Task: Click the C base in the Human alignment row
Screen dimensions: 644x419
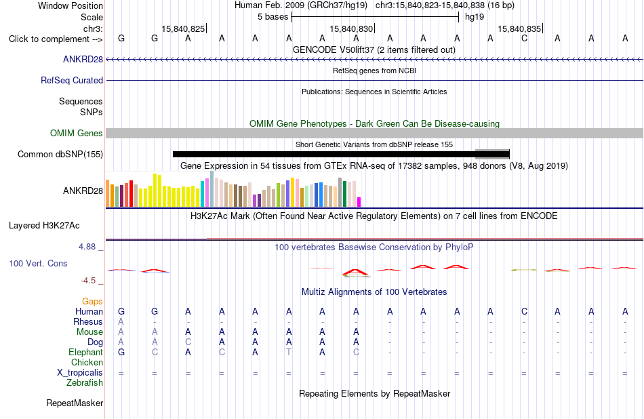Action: coord(524,311)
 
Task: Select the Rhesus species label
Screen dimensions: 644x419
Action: coord(88,321)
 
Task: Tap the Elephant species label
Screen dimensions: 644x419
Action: coord(86,352)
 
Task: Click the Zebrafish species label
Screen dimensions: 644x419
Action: coord(85,382)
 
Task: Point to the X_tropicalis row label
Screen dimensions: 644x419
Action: coord(80,373)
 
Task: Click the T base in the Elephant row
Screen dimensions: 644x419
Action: coord(289,352)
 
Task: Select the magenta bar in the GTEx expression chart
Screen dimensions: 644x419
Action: coord(359,201)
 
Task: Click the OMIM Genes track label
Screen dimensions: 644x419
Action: coord(77,133)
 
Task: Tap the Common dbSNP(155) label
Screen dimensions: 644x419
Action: coord(60,154)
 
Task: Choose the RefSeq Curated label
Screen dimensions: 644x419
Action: coord(72,80)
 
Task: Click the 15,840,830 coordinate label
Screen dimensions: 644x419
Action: coord(351,28)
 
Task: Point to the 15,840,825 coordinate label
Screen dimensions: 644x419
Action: coord(183,28)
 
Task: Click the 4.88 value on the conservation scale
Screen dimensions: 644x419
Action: coord(87,247)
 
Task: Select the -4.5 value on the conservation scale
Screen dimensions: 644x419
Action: coord(88,281)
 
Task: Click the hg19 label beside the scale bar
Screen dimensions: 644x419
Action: coord(475,17)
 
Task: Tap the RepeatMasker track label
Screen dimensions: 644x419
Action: coord(75,403)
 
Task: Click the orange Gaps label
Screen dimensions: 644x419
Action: coord(92,302)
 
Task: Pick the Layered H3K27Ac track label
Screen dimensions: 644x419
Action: coord(44,226)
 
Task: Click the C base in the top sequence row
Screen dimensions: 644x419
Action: coord(524,38)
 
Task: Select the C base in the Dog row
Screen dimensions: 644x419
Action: coord(188,342)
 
